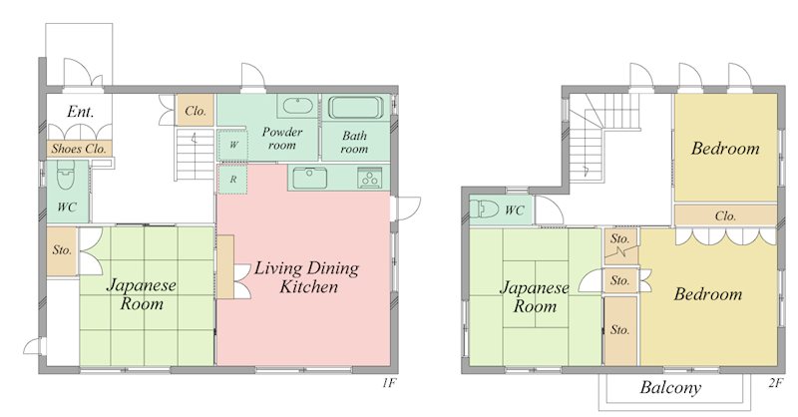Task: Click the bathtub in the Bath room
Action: pos(356,108)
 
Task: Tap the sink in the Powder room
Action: pos(297,107)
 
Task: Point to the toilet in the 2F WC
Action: pos(484,209)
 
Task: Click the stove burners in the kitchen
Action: pos(370,179)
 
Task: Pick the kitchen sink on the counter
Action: pos(309,179)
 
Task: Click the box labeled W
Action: pos(233,145)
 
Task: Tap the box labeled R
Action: pos(232,180)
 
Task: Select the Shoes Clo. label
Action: pos(79,149)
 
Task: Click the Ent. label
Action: pos(81,112)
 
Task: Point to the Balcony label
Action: pos(670,388)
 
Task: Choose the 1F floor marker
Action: pos(389,383)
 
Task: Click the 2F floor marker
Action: pos(775,383)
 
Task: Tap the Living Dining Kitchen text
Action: pos(307,277)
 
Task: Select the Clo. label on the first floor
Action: pos(196,111)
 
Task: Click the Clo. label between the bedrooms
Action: pos(725,215)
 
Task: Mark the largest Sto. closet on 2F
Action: pos(620,330)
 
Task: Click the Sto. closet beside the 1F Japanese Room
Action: pos(62,250)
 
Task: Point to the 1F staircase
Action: pos(195,155)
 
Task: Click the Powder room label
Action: pos(282,139)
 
